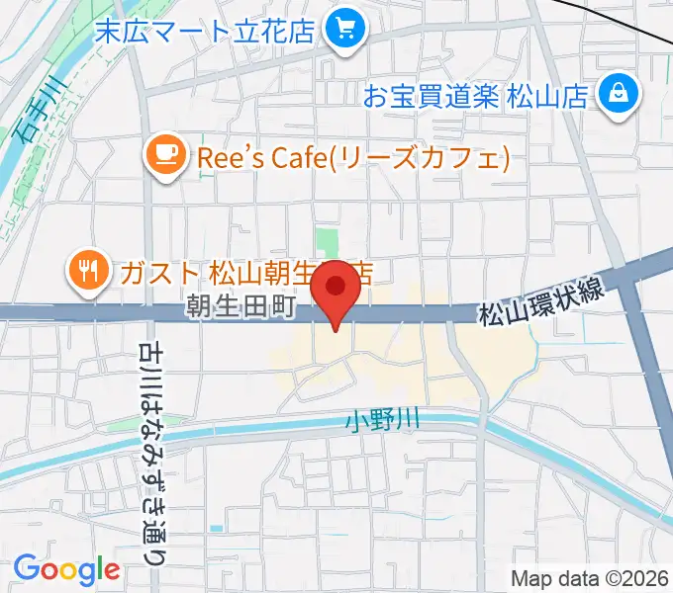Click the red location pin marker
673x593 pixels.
click(336, 290)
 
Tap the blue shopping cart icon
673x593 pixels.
click(345, 28)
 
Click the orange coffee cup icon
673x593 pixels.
click(165, 155)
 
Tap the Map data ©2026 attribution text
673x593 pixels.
click(590, 577)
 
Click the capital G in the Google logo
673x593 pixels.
click(28, 569)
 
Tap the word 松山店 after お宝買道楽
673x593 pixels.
click(563, 96)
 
